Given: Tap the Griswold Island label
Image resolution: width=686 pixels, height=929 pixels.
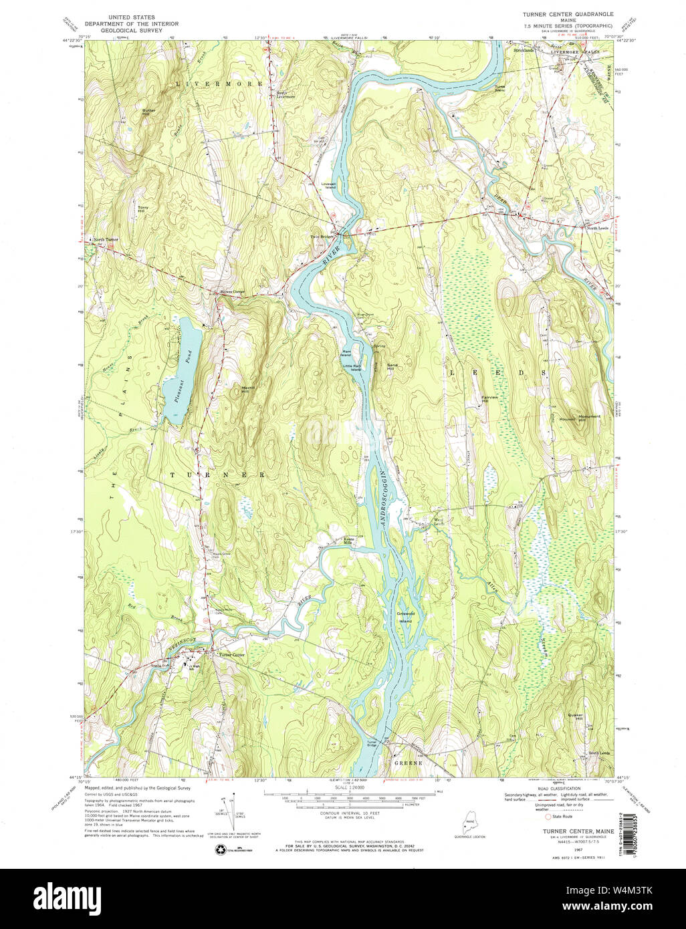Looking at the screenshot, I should pos(405,617).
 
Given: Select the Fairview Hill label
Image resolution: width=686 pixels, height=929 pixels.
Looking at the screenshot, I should pos(490,399).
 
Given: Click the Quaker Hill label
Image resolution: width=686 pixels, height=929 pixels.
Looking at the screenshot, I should pos(575,717).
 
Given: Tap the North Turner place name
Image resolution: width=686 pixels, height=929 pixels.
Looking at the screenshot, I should pos(106,239).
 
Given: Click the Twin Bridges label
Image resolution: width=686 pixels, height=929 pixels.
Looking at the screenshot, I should pos(322,237).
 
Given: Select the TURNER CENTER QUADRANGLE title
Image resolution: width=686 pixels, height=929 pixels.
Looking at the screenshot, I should pos(568,13).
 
